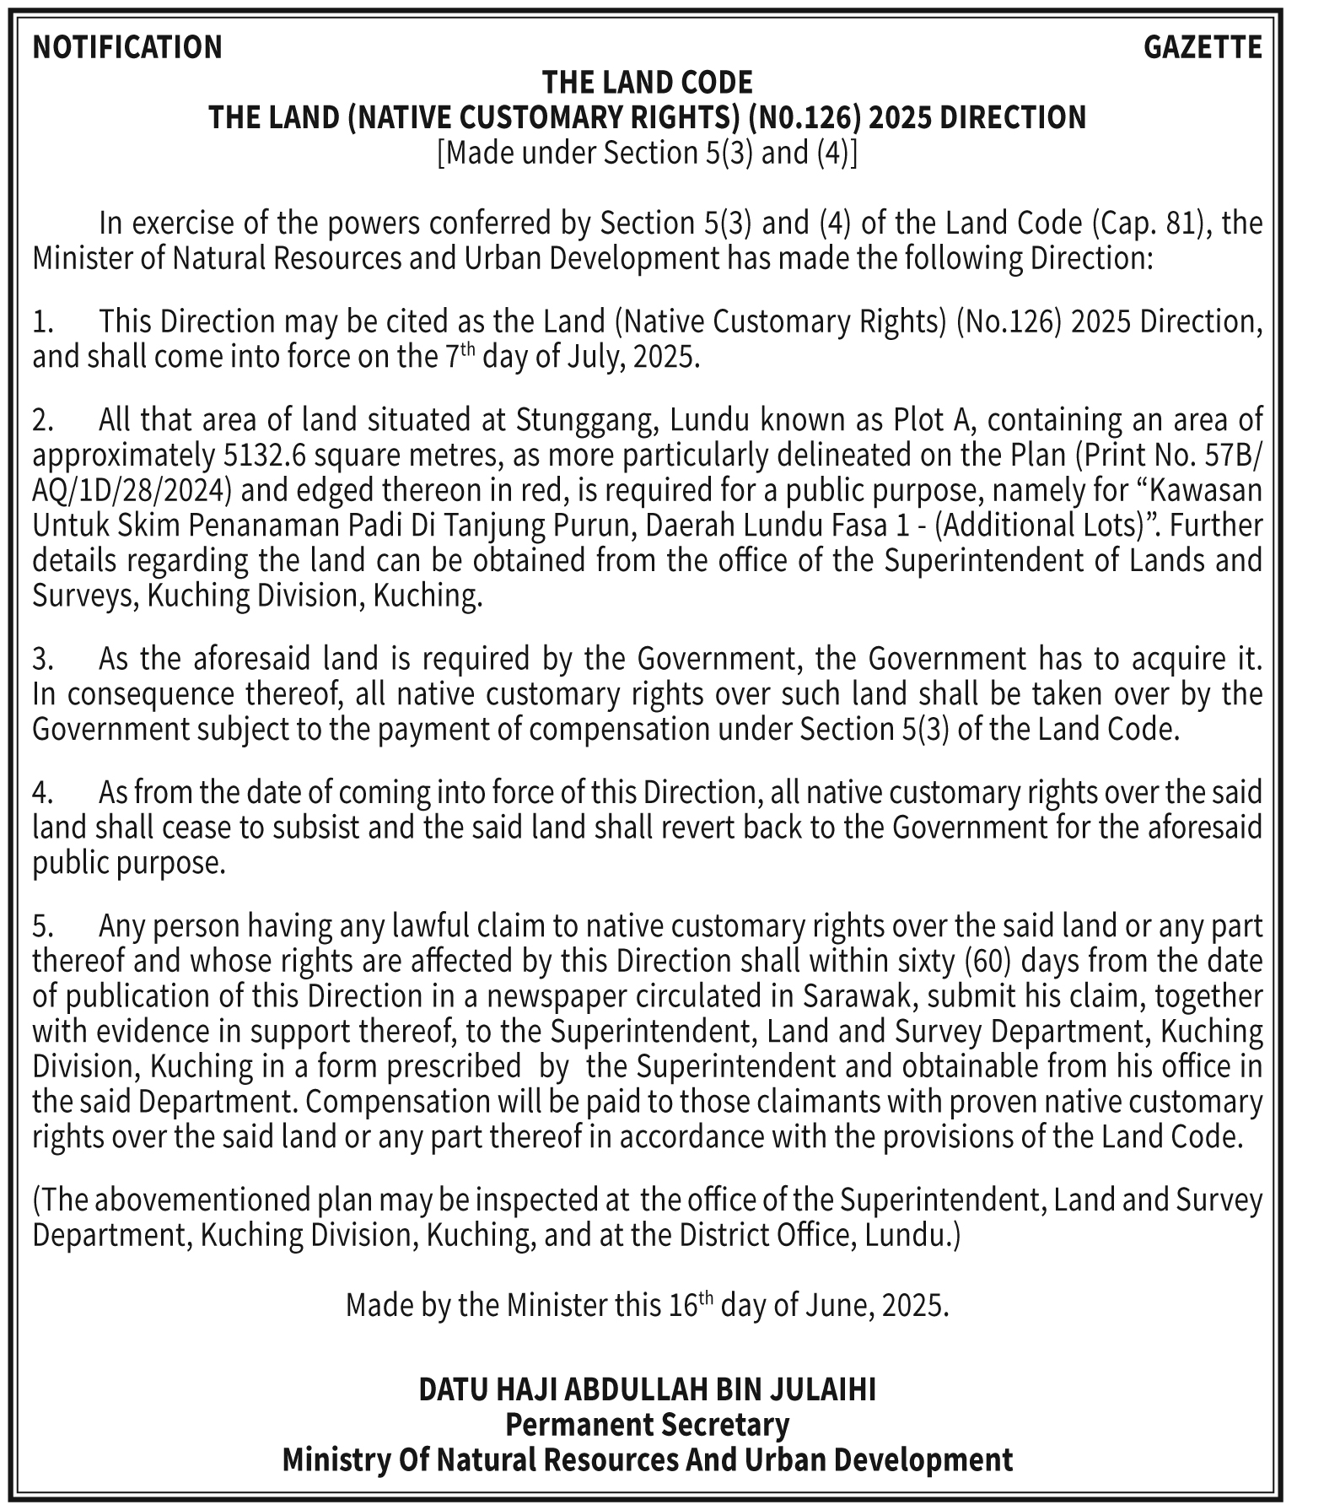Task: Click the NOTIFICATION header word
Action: pyautogui.click(x=127, y=47)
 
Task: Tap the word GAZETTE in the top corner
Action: pyautogui.click(x=1203, y=47)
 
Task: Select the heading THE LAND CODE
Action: pyautogui.click(x=647, y=83)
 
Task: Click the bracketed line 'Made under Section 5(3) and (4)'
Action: pyautogui.click(x=647, y=153)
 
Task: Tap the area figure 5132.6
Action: pyautogui.click(x=263, y=456)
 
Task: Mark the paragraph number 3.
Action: pyautogui.click(x=42, y=659)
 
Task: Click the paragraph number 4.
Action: pyautogui.click(x=42, y=793)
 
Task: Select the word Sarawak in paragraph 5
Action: pyautogui.click(x=859, y=997)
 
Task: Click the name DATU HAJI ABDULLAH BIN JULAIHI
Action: pyautogui.click(x=647, y=1389)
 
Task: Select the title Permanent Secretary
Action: pyautogui.click(x=647, y=1425)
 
